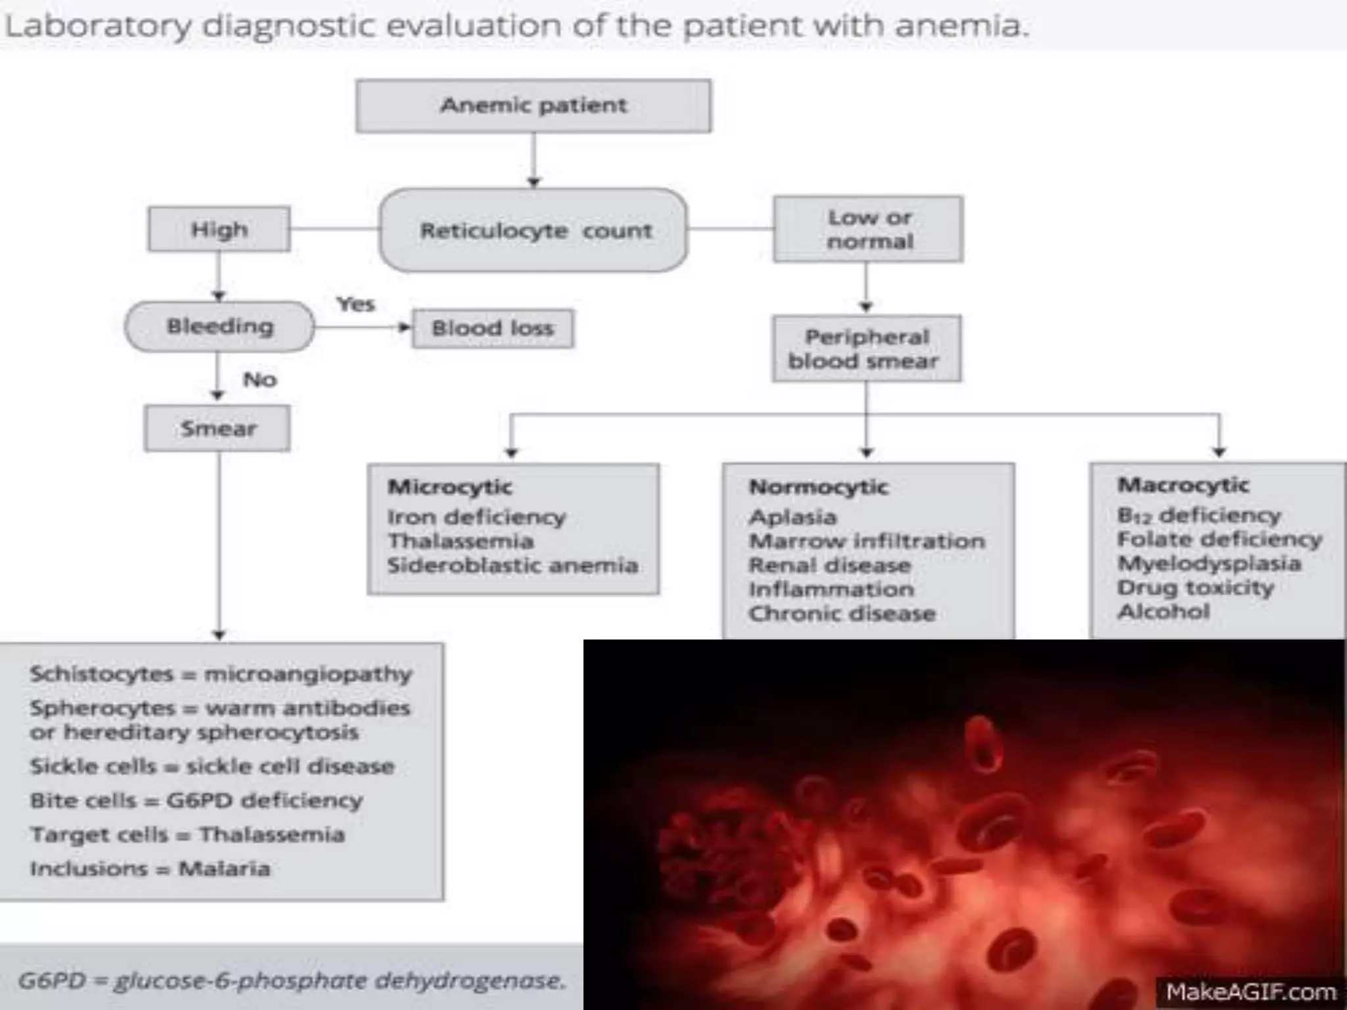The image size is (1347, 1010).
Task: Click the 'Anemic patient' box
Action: (533, 106)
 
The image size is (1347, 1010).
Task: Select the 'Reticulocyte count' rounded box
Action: (534, 230)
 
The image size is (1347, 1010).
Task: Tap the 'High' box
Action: (219, 229)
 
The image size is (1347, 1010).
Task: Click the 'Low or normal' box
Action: (868, 229)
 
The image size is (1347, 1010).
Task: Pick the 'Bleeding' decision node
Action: (220, 326)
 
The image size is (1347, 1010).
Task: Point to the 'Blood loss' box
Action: (493, 328)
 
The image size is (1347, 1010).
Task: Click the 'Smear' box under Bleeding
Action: (218, 429)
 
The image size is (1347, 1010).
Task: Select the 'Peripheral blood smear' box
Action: (866, 349)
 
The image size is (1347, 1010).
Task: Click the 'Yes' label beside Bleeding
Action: (355, 304)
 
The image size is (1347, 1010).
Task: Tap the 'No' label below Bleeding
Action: (260, 379)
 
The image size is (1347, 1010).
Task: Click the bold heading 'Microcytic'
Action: (450, 487)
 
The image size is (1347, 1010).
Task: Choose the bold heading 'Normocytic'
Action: (818, 487)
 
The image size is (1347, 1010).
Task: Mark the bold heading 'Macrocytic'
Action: (1183, 485)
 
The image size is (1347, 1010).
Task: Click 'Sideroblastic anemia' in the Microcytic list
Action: (512, 565)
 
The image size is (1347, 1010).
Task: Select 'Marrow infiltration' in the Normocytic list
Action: (867, 541)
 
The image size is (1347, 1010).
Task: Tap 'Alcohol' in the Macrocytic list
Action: (1163, 611)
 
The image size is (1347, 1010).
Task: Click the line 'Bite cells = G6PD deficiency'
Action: (197, 800)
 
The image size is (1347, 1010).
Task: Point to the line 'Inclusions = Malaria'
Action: (150, 869)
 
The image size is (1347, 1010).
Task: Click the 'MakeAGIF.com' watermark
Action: (1250, 992)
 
